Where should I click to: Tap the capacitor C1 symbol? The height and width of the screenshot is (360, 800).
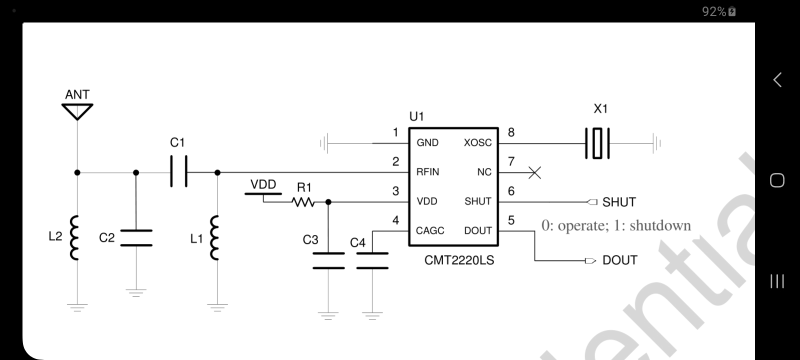click(178, 171)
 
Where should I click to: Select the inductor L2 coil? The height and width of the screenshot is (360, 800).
click(74, 237)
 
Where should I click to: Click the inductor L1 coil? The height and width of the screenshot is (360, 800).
click(214, 237)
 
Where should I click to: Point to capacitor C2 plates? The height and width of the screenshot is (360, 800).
click(136, 238)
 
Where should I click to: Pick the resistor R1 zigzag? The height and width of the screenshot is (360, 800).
click(303, 202)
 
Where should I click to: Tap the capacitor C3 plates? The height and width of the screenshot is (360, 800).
click(328, 260)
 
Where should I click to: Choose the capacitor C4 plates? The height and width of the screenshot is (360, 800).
click(372, 260)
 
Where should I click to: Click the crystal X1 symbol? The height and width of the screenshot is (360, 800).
click(597, 143)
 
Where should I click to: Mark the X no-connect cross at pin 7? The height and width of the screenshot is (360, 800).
click(534, 173)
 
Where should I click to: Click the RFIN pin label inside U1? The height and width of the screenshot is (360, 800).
click(427, 172)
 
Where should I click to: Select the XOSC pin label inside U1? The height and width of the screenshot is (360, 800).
click(477, 142)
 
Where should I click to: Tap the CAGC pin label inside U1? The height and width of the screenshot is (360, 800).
click(430, 230)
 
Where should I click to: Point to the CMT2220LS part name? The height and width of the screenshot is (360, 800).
click(459, 260)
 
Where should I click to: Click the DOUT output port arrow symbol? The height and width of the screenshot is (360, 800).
click(590, 260)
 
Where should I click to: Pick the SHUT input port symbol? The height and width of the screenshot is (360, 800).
click(592, 202)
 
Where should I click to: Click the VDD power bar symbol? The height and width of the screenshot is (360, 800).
click(263, 194)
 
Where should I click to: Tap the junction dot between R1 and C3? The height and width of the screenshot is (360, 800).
click(328, 202)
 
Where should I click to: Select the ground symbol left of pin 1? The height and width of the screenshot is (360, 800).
click(324, 143)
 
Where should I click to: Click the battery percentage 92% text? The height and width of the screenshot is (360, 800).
click(714, 12)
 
